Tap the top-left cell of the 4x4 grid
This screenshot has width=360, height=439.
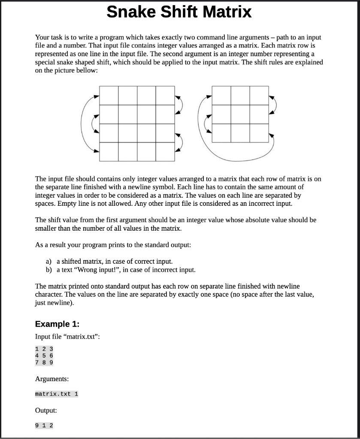(109, 95)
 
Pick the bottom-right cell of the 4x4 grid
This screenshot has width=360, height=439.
(165, 151)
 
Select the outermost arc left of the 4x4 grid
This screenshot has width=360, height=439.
(83, 123)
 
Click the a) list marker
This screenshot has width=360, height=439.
(48, 261)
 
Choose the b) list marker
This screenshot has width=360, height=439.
(48, 270)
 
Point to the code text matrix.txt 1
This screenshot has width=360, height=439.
(57, 394)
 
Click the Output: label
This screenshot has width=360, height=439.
(46, 410)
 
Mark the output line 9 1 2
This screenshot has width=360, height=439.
(44, 426)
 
